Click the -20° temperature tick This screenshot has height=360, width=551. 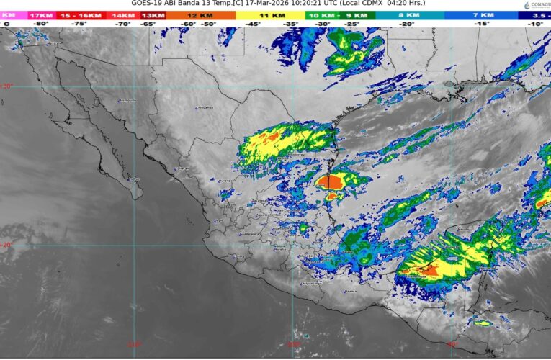point(407,24)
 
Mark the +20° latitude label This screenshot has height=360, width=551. point(6,245)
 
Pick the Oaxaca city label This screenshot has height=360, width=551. point(351,292)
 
